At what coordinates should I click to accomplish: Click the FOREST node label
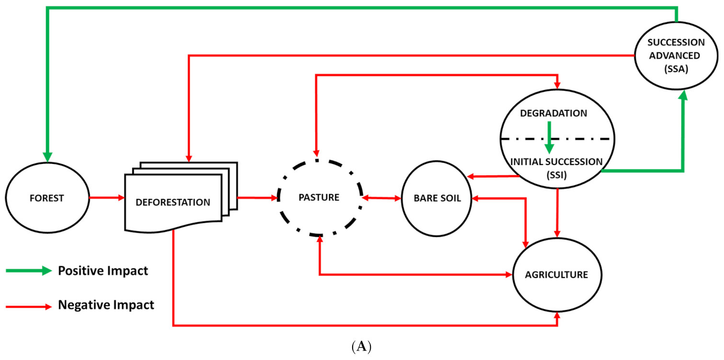click(46, 198)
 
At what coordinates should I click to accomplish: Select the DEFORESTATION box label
click(172, 202)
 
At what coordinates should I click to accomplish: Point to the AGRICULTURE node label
click(556, 275)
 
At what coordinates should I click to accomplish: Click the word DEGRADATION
click(553, 114)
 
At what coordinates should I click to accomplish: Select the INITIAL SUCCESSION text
click(556, 162)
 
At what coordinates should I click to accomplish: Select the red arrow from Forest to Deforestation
click(106, 197)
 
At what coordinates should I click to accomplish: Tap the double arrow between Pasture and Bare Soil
click(382, 197)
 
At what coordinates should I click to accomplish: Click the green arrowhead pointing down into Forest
click(47, 156)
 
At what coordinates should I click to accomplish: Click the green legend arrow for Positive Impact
click(29, 271)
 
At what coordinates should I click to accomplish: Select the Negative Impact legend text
click(106, 305)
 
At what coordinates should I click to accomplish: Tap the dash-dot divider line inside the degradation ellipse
click(580, 139)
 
